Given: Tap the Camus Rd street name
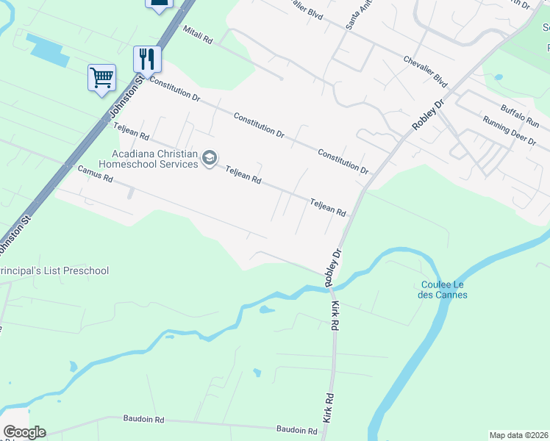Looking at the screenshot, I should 95,174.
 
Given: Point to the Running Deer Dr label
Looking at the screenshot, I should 509,132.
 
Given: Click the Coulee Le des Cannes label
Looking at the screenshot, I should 444,290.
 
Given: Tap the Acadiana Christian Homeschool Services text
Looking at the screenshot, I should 154,159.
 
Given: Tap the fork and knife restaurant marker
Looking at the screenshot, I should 147,59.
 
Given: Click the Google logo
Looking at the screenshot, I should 24,432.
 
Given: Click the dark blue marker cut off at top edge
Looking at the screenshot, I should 158,3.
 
